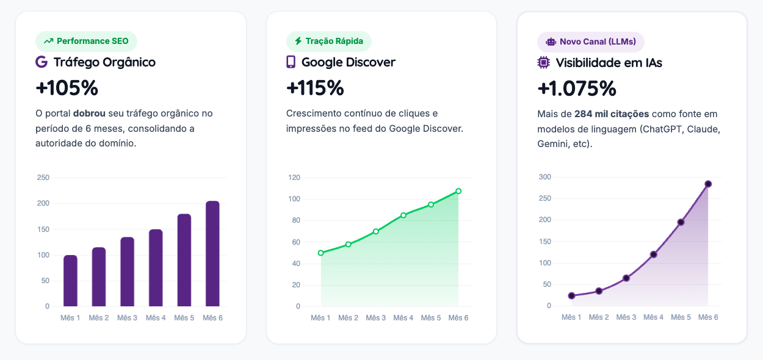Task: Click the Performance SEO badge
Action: click(x=86, y=41)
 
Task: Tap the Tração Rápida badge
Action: click(x=328, y=41)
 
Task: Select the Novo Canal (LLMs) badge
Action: click(x=590, y=42)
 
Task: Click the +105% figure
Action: click(x=67, y=88)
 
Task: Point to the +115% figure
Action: click(x=315, y=88)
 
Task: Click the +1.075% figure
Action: click(x=576, y=89)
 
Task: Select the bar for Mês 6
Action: click(x=212, y=254)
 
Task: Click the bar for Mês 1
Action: click(x=70, y=281)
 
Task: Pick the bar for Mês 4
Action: click(x=156, y=268)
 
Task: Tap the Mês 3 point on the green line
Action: click(x=376, y=231)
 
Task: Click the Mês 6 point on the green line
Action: click(x=458, y=191)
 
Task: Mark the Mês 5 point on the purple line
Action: click(x=681, y=222)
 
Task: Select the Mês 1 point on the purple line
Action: click(x=571, y=296)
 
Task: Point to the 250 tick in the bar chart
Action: click(x=43, y=178)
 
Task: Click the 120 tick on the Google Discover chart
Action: click(x=294, y=178)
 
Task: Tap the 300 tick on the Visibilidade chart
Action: click(x=545, y=177)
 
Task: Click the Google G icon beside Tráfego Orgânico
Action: click(x=42, y=62)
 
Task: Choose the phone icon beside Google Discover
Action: click(x=291, y=62)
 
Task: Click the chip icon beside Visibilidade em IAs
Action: click(x=543, y=62)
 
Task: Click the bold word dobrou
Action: click(x=89, y=113)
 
